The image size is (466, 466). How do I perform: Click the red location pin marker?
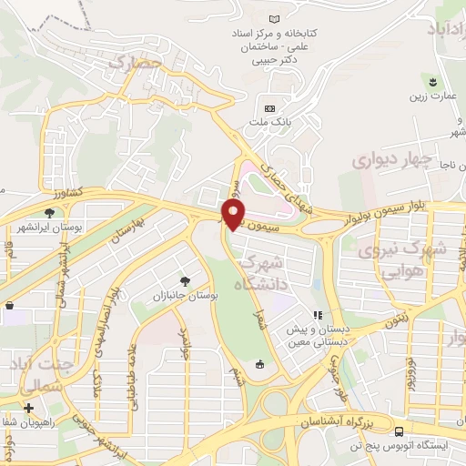click(235, 213)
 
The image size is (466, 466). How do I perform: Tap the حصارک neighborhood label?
click(135, 62)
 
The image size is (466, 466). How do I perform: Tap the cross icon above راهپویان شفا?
click(29, 407)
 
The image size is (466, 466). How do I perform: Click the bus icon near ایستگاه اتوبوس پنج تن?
click(401, 431)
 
